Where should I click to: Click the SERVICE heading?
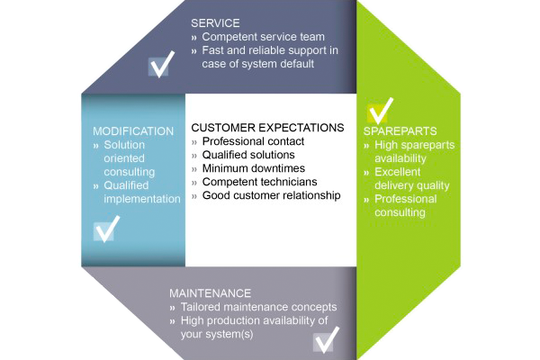click(x=215, y=23)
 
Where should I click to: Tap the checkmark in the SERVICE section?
click(x=160, y=65)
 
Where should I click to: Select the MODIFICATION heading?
click(x=133, y=131)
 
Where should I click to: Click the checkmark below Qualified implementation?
click(x=106, y=229)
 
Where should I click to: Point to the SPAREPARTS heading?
click(x=400, y=131)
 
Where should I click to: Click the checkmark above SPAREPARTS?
click(x=380, y=111)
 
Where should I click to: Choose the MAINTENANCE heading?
click(x=210, y=293)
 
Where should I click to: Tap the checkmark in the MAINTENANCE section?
click(x=326, y=340)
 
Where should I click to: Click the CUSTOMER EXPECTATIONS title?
click(x=267, y=128)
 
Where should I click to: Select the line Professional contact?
click(x=253, y=141)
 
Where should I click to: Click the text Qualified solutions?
click(x=248, y=155)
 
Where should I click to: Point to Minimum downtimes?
click(x=254, y=168)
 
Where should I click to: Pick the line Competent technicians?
click(x=260, y=182)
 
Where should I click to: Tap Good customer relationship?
click(x=272, y=195)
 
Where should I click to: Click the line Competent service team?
click(x=263, y=37)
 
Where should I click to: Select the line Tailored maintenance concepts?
click(x=258, y=307)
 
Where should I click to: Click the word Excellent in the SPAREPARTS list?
click(x=398, y=172)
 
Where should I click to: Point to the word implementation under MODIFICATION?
click(x=142, y=199)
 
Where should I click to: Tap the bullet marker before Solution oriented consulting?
click(x=96, y=146)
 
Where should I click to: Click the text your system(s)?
click(x=217, y=334)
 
